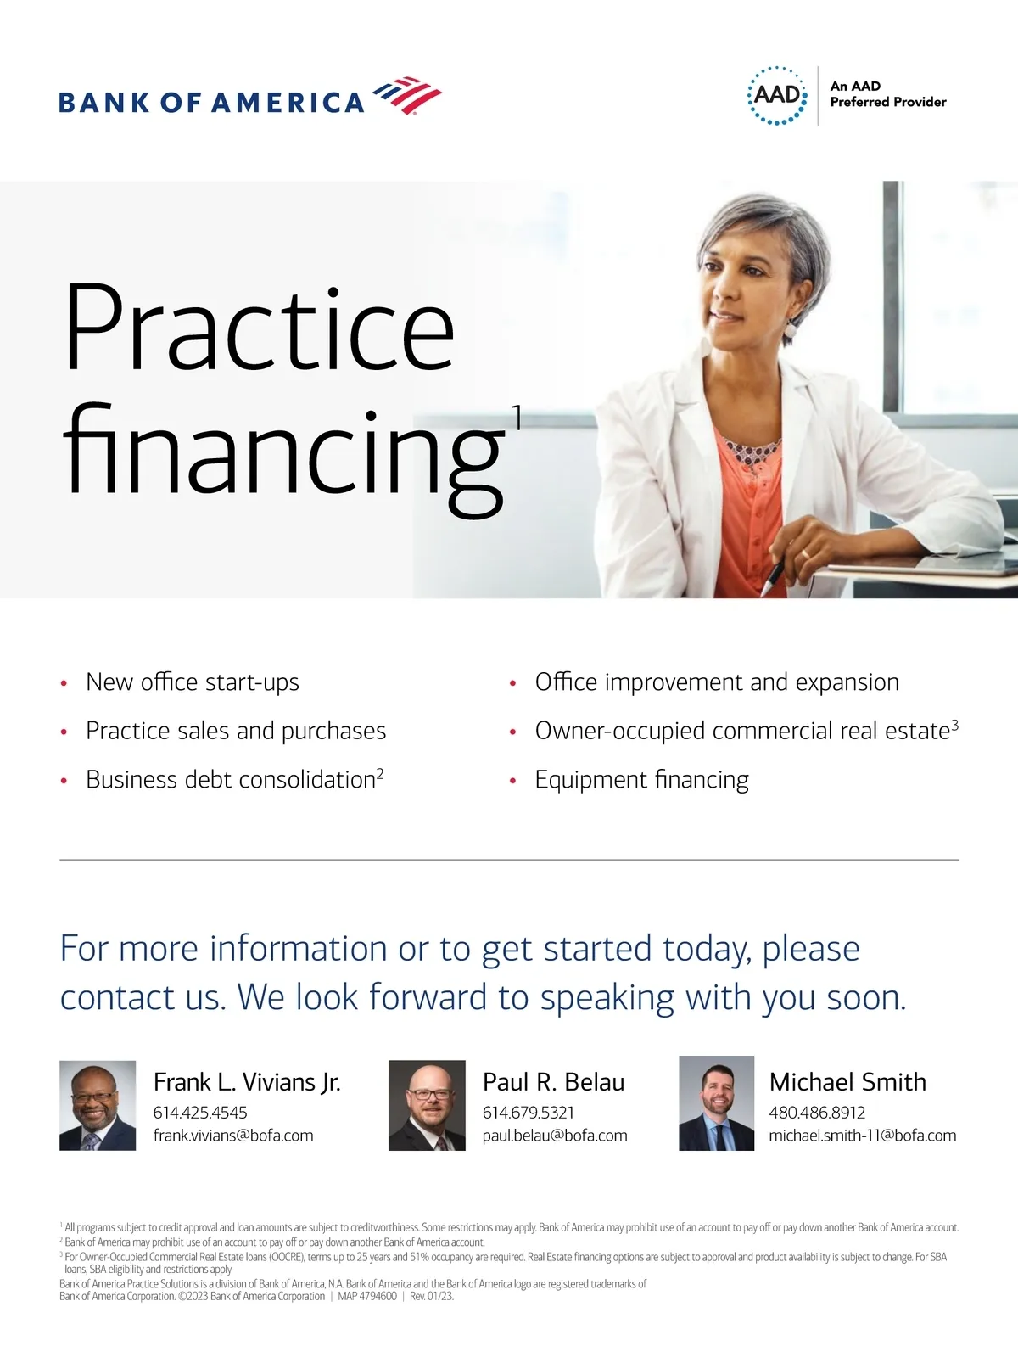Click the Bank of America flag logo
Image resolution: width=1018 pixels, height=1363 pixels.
pyautogui.click(x=407, y=95)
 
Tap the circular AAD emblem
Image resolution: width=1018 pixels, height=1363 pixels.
pyautogui.click(x=777, y=95)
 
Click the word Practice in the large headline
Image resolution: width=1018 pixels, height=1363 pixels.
pyautogui.click(x=259, y=327)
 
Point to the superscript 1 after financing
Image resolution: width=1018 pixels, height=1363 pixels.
pyautogui.click(x=517, y=417)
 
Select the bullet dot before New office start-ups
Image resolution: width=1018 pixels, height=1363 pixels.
pyautogui.click(x=64, y=683)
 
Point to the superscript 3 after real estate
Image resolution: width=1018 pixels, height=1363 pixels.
pyautogui.click(x=954, y=725)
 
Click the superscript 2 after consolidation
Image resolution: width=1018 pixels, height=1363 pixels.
pyautogui.click(x=380, y=774)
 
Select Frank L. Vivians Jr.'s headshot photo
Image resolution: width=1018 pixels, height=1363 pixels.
pyautogui.click(x=98, y=1105)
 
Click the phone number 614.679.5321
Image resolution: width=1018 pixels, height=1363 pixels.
pyautogui.click(x=529, y=1113)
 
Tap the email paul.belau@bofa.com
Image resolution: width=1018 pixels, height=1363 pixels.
pyautogui.click(x=555, y=1136)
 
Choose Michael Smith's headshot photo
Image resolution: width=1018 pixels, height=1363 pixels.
pyautogui.click(x=716, y=1103)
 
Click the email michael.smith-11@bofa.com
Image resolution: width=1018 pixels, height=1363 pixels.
pyautogui.click(x=862, y=1136)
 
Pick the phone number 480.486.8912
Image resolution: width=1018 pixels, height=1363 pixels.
pyautogui.click(x=817, y=1113)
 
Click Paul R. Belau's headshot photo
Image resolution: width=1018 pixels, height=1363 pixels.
pyautogui.click(x=427, y=1105)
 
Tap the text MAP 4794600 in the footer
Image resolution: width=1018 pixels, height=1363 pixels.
pyautogui.click(x=367, y=1296)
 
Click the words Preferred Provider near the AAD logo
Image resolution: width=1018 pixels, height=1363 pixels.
pyautogui.click(x=888, y=103)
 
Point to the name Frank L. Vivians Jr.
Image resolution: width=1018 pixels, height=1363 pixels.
pyautogui.click(x=247, y=1083)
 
